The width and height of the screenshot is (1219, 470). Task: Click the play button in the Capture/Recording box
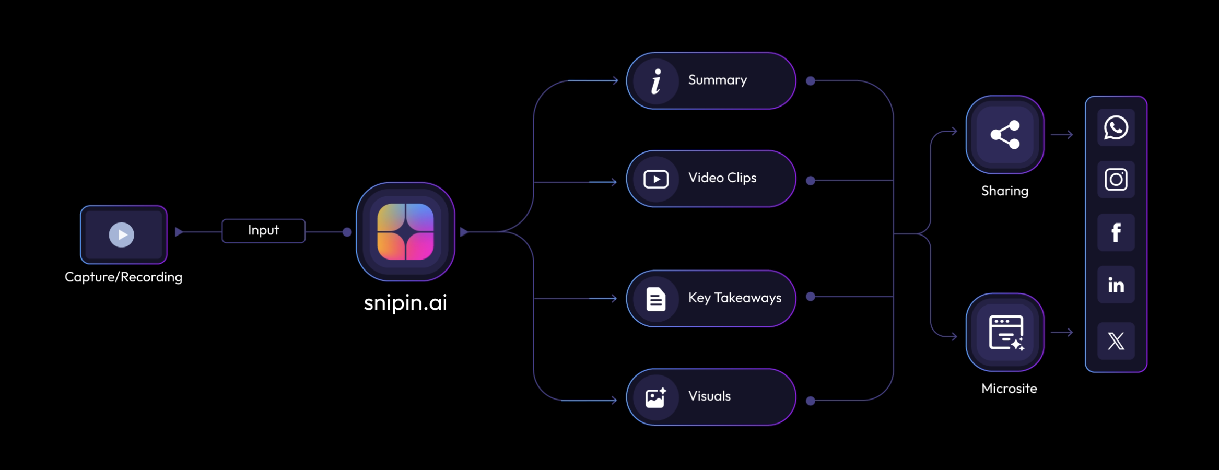coord(122,234)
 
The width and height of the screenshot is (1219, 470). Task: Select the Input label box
coord(263,231)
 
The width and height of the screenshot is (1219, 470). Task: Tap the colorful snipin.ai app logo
coord(405,232)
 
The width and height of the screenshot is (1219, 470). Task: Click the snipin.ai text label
coord(405,302)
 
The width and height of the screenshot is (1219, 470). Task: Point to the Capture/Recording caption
coord(123,277)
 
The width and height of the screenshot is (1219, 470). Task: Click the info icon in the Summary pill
coord(656,81)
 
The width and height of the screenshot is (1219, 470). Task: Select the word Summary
coord(717,80)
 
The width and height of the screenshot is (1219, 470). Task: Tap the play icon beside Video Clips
coord(656,179)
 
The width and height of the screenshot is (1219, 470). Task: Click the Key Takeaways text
coord(734,298)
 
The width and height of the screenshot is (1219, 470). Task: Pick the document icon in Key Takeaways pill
coord(656,299)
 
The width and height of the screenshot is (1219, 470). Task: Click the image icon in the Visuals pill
coord(656,397)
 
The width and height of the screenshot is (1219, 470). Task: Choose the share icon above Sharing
coord(1005,135)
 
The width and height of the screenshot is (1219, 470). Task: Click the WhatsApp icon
coord(1116,127)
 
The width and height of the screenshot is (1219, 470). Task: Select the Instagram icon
coord(1116,180)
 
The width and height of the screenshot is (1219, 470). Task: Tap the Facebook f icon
coord(1116,232)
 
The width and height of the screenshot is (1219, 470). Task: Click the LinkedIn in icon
coord(1116,285)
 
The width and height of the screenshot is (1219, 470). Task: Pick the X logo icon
coord(1116,341)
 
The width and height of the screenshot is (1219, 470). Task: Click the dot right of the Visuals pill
coord(811,401)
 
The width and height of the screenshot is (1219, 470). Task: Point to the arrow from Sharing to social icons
coord(1062,135)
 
